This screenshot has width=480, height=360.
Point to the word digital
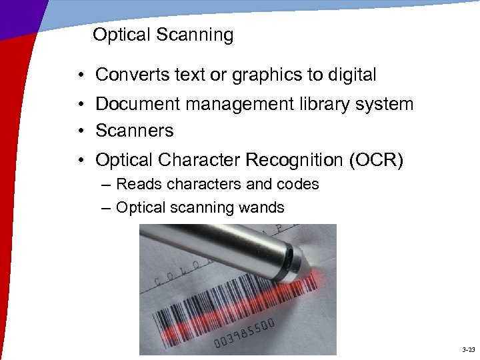pyautogui.click(x=351, y=75)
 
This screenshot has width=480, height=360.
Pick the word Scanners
pyautogui.click(x=135, y=131)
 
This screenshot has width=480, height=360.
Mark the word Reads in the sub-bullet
pyautogui.click(x=137, y=184)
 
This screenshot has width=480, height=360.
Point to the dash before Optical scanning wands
pyautogui.click(x=107, y=208)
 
